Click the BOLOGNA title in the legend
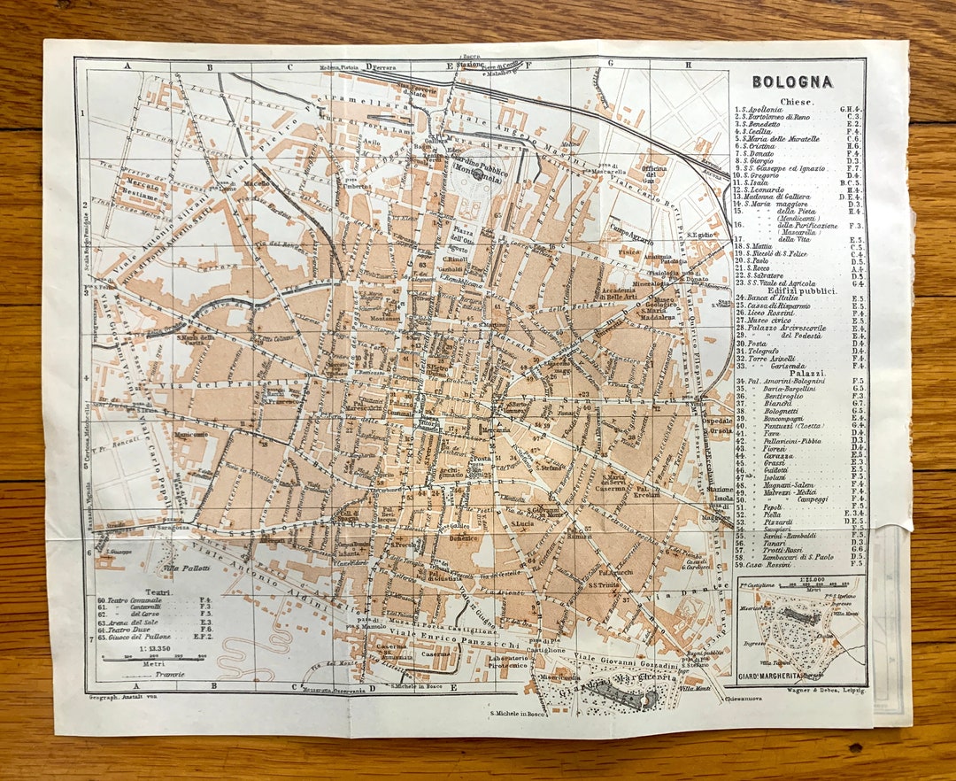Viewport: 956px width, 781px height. pyautogui.click(x=792, y=81)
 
